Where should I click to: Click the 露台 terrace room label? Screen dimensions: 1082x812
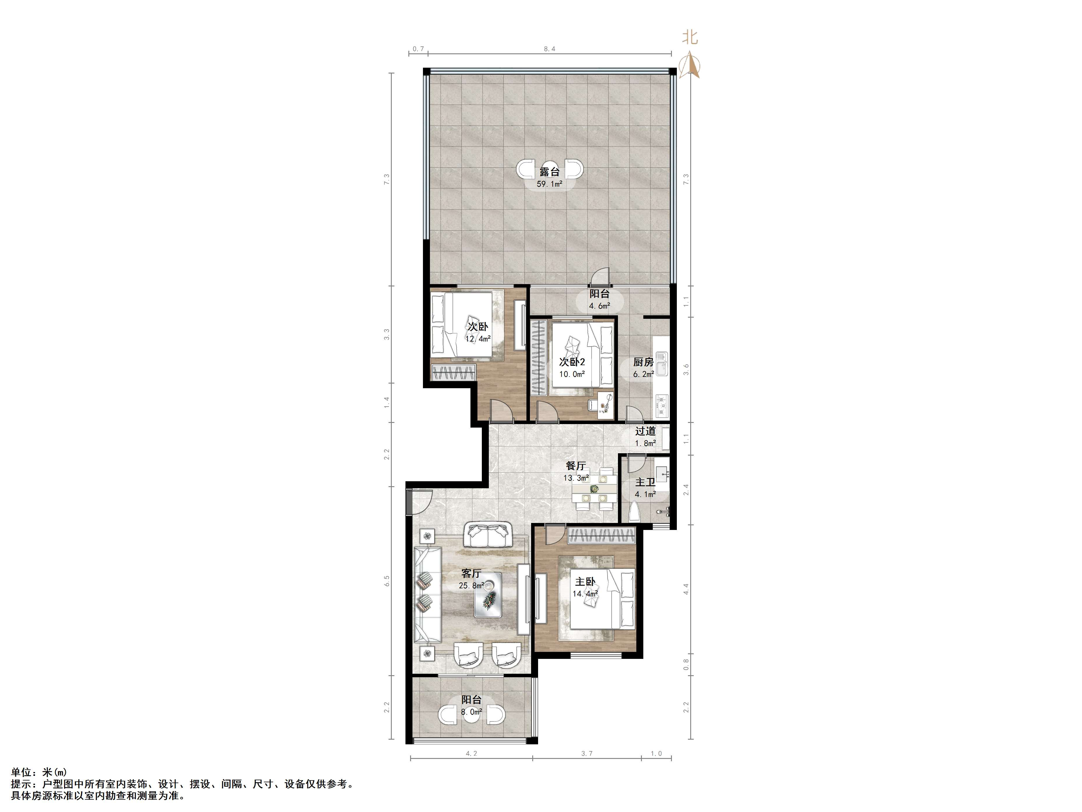[x=549, y=172]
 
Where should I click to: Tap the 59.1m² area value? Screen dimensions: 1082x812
[x=549, y=184]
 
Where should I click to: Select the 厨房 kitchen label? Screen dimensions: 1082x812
[x=643, y=362]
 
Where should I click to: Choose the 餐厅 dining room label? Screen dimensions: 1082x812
[x=576, y=466]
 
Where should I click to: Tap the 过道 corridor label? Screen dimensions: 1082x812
[x=645, y=431]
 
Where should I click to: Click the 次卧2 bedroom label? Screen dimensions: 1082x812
[x=572, y=362]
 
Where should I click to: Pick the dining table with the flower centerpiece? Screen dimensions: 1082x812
[x=594, y=489]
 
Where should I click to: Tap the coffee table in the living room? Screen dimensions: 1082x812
[x=488, y=594]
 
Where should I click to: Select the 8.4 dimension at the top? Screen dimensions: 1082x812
[x=549, y=49]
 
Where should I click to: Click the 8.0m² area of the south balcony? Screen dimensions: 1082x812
[x=472, y=712]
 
